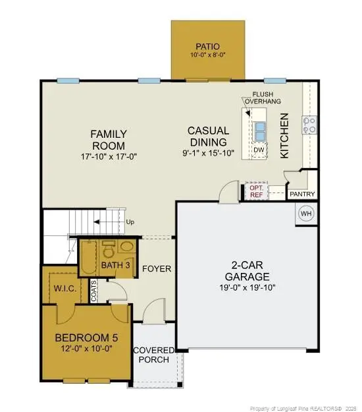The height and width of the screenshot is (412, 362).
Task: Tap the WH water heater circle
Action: [306, 214]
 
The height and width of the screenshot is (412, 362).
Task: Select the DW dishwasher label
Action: [259, 150]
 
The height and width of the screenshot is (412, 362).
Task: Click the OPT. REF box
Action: [257, 191]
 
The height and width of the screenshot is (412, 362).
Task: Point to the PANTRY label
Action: [302, 194]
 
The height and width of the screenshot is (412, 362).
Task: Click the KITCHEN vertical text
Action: [285, 135]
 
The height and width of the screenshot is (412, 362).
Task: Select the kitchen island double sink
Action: [260, 131]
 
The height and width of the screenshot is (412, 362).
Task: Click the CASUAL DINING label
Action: [208, 136]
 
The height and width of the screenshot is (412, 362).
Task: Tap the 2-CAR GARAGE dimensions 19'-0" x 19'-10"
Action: [255, 287]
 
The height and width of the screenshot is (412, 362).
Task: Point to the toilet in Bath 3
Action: [126, 249]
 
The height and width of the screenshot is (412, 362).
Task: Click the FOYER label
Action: [157, 269]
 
